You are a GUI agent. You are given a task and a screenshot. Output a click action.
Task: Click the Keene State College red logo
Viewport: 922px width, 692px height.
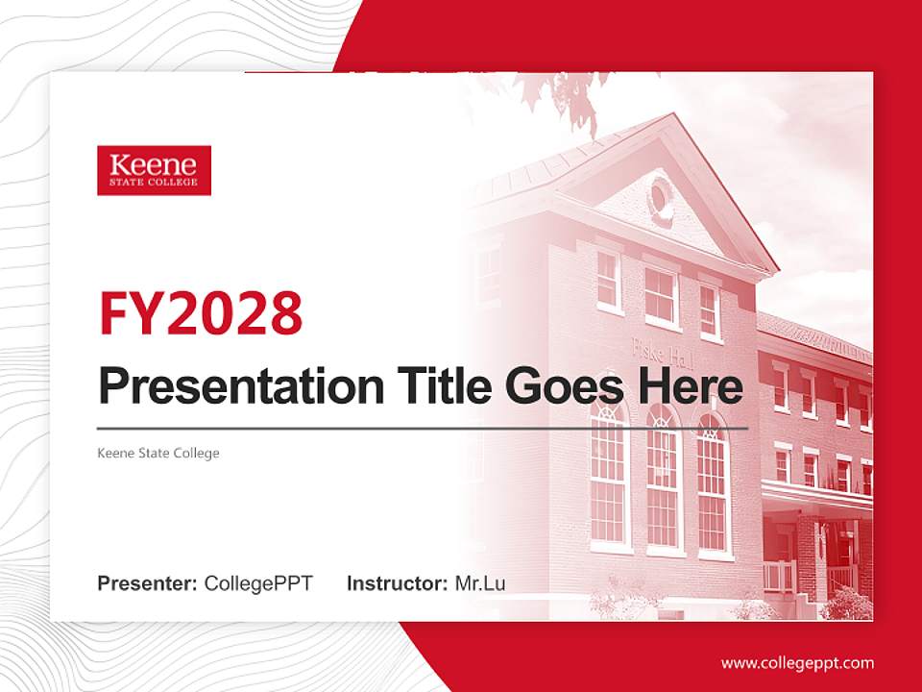click(154, 170)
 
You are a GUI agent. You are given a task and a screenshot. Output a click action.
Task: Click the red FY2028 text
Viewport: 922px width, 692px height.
click(201, 311)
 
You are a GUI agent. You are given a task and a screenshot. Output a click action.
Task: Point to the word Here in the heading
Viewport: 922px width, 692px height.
click(689, 386)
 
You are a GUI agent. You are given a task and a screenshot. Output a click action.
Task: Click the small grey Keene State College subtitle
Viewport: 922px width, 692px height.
click(158, 453)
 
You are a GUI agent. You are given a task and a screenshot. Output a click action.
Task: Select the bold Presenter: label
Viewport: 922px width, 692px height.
click(148, 583)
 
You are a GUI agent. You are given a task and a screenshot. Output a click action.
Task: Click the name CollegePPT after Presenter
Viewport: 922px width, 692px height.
click(258, 583)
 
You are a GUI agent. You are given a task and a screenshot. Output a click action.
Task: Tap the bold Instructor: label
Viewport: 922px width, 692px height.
click(397, 583)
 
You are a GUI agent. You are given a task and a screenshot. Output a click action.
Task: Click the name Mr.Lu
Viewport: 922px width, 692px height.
click(480, 583)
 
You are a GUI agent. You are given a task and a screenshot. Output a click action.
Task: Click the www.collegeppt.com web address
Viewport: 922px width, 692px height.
click(797, 663)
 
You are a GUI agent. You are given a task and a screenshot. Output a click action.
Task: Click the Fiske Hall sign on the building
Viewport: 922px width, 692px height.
click(657, 348)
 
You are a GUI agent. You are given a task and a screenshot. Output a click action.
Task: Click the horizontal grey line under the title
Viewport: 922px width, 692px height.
click(423, 428)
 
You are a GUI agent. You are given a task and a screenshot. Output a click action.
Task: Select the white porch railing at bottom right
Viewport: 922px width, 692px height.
click(778, 577)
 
